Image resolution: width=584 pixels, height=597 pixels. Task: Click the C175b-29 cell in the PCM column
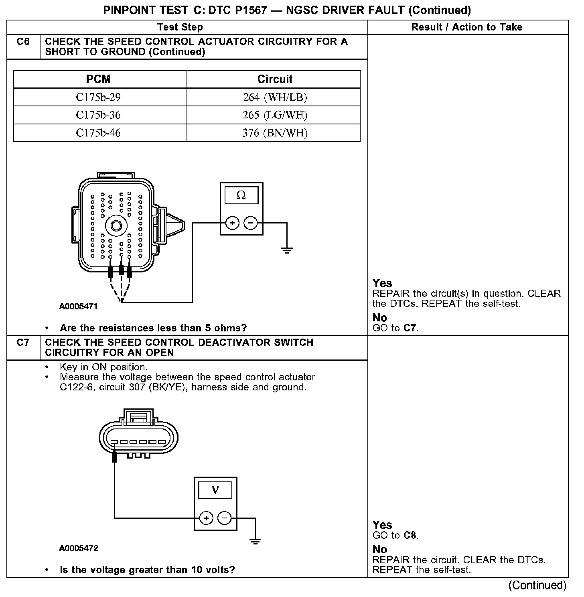pos(98,97)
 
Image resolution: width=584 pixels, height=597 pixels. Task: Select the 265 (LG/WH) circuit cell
pos(275,115)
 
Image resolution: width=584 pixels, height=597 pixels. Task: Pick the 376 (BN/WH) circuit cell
pos(275,133)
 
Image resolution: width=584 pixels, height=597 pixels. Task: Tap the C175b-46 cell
pos(98,133)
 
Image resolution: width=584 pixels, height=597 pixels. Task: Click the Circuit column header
pos(275,79)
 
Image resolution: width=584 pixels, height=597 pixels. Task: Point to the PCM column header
pos(98,79)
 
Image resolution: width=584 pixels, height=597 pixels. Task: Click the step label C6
pos(23,42)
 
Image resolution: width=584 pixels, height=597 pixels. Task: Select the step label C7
pos(23,343)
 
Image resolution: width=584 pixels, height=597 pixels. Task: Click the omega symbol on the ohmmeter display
pos(241,195)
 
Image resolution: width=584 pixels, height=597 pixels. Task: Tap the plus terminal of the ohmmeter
pos(232,223)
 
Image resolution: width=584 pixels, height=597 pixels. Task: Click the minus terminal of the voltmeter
pos(225,518)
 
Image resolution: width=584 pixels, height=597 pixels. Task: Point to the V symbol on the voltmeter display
pos(215,490)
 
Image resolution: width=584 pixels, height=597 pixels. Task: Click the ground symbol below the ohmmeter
pos(287,251)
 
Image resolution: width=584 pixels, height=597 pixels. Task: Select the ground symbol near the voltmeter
pos(255,540)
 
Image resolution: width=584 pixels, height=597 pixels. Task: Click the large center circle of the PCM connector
pos(116,225)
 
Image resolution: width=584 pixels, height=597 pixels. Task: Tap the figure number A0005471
pos(78,307)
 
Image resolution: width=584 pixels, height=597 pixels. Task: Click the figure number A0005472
pos(79,548)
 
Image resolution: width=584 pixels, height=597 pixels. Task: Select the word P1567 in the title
pos(249,10)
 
